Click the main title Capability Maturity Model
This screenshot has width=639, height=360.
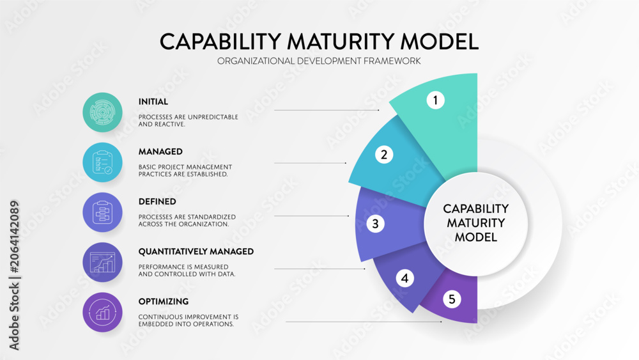(319, 42)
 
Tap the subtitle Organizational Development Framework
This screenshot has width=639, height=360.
(319, 61)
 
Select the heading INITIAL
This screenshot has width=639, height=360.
(153, 102)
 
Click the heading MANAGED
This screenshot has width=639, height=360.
(160, 152)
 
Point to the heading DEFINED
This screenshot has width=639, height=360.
(157, 201)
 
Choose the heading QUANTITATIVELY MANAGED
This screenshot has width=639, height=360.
(196, 251)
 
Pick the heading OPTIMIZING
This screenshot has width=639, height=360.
(164, 301)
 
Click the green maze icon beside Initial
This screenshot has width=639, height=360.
(102, 112)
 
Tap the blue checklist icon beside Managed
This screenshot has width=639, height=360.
(102, 162)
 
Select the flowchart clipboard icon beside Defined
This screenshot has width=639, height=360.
(102, 212)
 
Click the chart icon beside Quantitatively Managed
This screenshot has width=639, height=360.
(102, 262)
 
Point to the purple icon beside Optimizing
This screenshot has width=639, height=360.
(102, 312)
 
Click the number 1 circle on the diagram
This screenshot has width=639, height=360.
(435, 100)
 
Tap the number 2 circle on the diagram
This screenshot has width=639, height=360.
(384, 155)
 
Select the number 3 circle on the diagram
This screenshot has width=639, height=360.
(375, 224)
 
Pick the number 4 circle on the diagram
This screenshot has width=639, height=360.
(404, 278)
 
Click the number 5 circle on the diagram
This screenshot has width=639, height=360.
(452, 299)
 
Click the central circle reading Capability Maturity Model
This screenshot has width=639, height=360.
(475, 223)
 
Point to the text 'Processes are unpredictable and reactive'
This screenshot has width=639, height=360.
(189, 121)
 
